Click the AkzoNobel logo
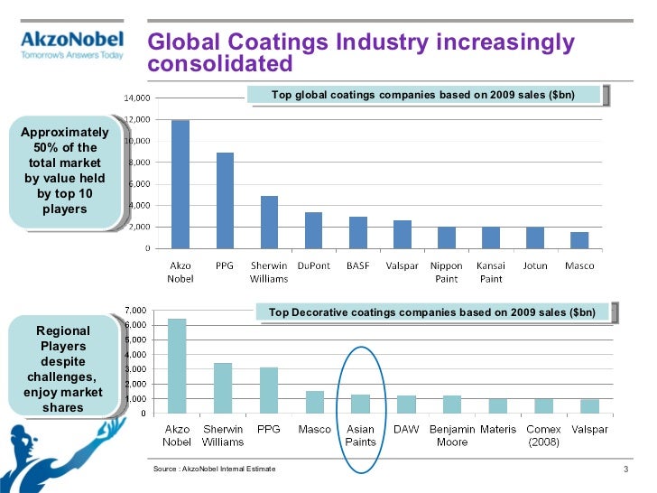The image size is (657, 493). pos(71,45)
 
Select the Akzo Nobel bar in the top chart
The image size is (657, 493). pos(180,184)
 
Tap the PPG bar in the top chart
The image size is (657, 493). pos(225,200)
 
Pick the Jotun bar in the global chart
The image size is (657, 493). pos(535,237)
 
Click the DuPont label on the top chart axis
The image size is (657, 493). pos(313,266)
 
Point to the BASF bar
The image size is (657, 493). pos(358,232)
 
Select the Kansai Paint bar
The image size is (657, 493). pos(491,237)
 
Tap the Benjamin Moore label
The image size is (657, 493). pos(452,435)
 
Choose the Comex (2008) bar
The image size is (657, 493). pos(544,406)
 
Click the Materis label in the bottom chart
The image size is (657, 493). pos(498,430)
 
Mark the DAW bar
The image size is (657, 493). pos(406,405)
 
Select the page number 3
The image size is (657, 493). pos(625,470)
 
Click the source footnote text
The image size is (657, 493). pos(215,470)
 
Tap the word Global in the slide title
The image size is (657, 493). pos(184,42)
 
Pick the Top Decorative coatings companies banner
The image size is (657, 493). pos(438,312)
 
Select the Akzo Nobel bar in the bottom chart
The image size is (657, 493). pos(177,366)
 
